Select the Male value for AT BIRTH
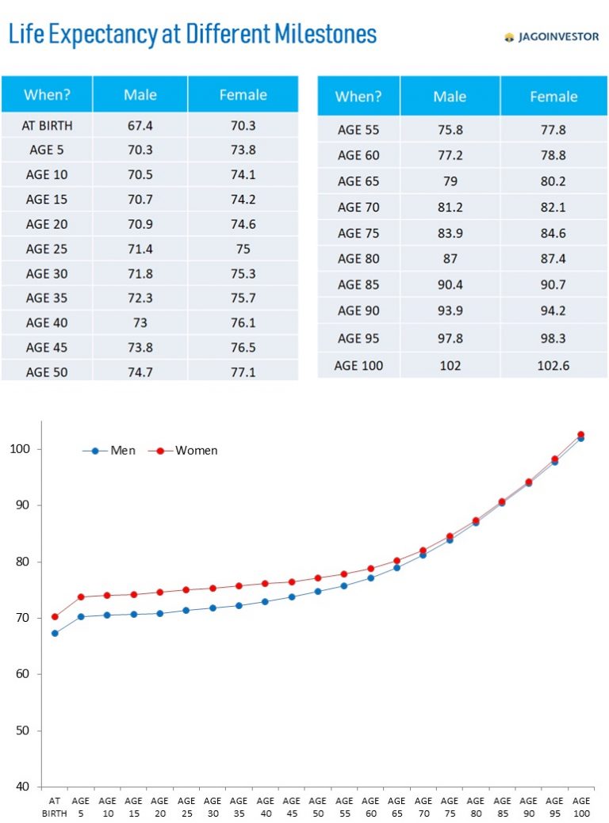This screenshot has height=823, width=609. (x=140, y=125)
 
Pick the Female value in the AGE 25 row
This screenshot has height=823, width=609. (x=243, y=249)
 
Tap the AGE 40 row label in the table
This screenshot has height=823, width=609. (x=47, y=322)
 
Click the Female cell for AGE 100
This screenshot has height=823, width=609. (x=553, y=365)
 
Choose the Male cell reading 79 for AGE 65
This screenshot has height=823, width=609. (x=450, y=181)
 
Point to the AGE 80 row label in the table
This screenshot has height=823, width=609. (x=358, y=258)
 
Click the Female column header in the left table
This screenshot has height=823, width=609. (x=243, y=95)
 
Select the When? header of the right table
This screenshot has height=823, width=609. (x=358, y=97)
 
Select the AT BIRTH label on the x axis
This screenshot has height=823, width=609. (x=55, y=806)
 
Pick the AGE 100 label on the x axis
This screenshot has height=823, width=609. (x=580, y=806)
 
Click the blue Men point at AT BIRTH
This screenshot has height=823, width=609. (x=55, y=633)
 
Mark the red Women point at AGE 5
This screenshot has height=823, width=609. (x=81, y=596)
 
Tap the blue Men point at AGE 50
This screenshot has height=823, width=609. (x=317, y=591)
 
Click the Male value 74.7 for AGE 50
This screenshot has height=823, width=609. (x=140, y=371)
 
